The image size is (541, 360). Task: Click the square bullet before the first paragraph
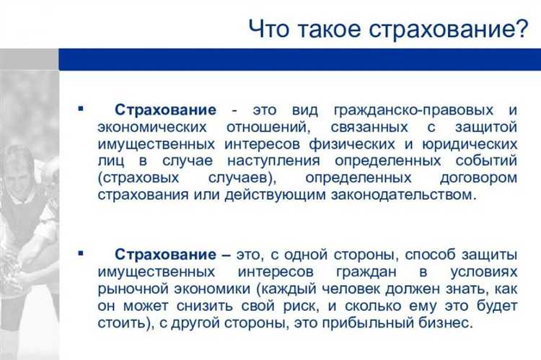pyautogui.click(x=80, y=109)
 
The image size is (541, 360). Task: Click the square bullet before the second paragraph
pyautogui.click(x=80, y=254)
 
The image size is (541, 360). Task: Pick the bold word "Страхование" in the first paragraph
pyautogui.click(x=165, y=110)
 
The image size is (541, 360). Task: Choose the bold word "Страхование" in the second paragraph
pyautogui.click(x=165, y=255)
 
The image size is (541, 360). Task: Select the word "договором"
pyautogui.click(x=481, y=177)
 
